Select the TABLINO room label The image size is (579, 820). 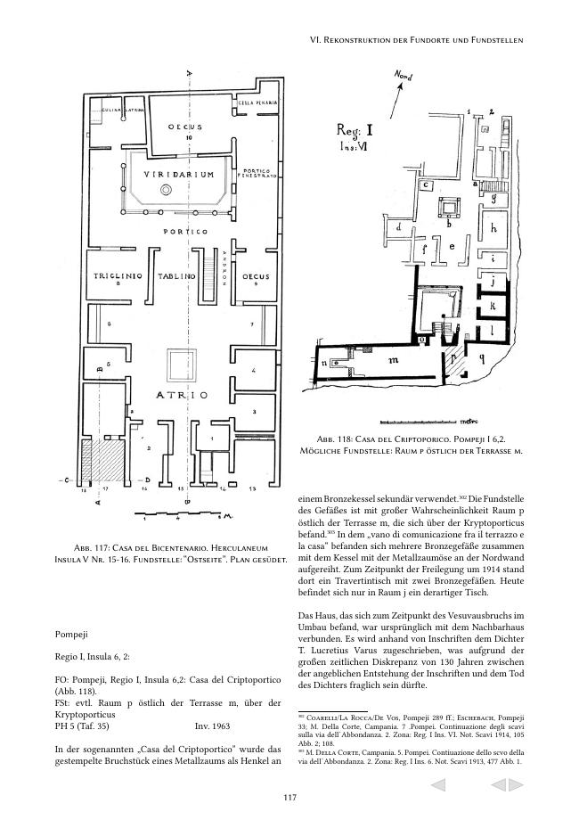click(176, 277)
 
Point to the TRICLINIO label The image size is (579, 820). click(113, 277)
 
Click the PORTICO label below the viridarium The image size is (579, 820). click(185, 233)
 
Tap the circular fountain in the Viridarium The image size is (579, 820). click(165, 191)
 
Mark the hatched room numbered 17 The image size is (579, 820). click(105, 464)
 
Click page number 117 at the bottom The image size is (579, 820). click(289, 797)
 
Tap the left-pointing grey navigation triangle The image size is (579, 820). click(437, 785)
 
